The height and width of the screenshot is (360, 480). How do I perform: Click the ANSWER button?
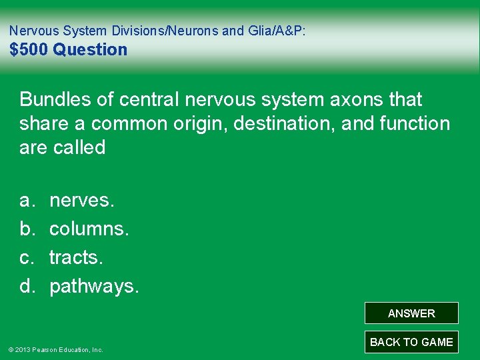pos(411,313)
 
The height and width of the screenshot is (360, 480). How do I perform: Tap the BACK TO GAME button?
pos(411,342)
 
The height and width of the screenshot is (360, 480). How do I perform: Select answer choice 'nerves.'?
pos(81,200)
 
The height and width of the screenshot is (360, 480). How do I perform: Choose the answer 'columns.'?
pos(89,229)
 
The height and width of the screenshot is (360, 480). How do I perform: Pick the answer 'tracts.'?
pos(76,257)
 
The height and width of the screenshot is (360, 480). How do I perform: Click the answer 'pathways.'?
pos(95,287)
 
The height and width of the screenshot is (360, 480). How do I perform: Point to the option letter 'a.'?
pos(27,200)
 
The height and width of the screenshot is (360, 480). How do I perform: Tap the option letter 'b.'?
pos(27,229)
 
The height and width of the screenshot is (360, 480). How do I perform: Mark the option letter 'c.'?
pos(27,257)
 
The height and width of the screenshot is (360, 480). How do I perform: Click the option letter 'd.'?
pos(27,287)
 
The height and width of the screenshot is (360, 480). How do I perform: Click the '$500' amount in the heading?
pos(29,50)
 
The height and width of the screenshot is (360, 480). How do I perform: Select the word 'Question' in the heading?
pos(90,50)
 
